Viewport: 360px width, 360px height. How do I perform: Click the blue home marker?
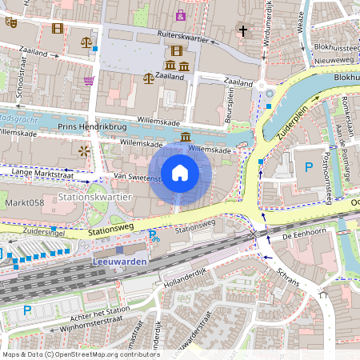pos(180,172)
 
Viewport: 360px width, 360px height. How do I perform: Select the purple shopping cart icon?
pos(89,81)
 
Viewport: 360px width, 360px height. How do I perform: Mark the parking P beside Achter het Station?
pos(27,310)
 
